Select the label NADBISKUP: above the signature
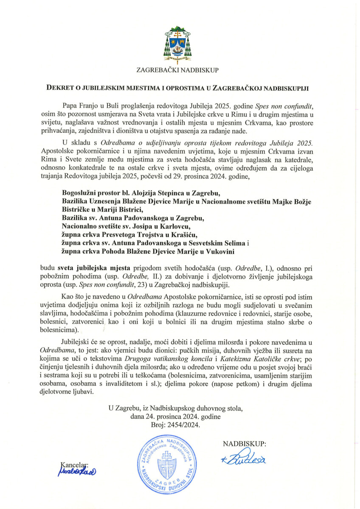[245, 444]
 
